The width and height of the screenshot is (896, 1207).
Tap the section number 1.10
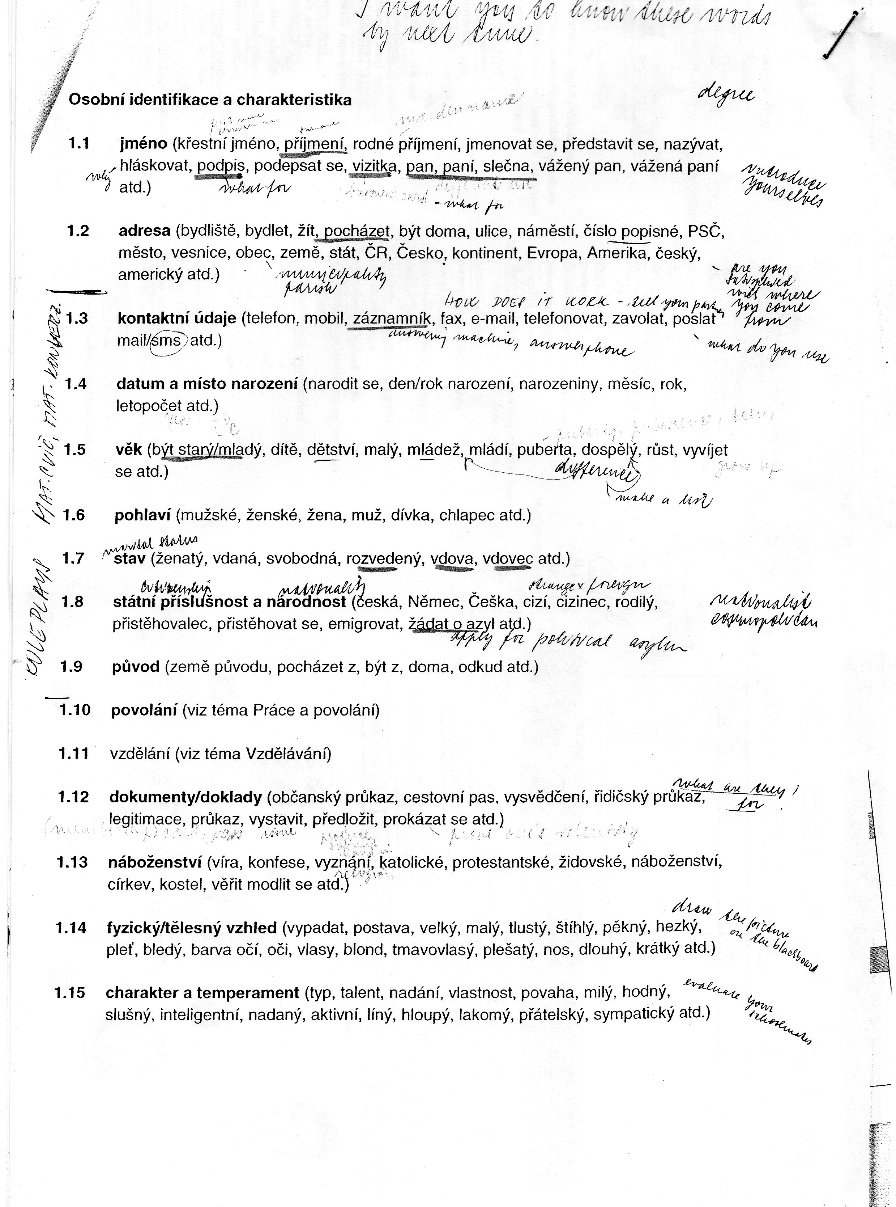(75, 710)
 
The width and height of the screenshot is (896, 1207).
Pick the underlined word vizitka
(374, 166)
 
